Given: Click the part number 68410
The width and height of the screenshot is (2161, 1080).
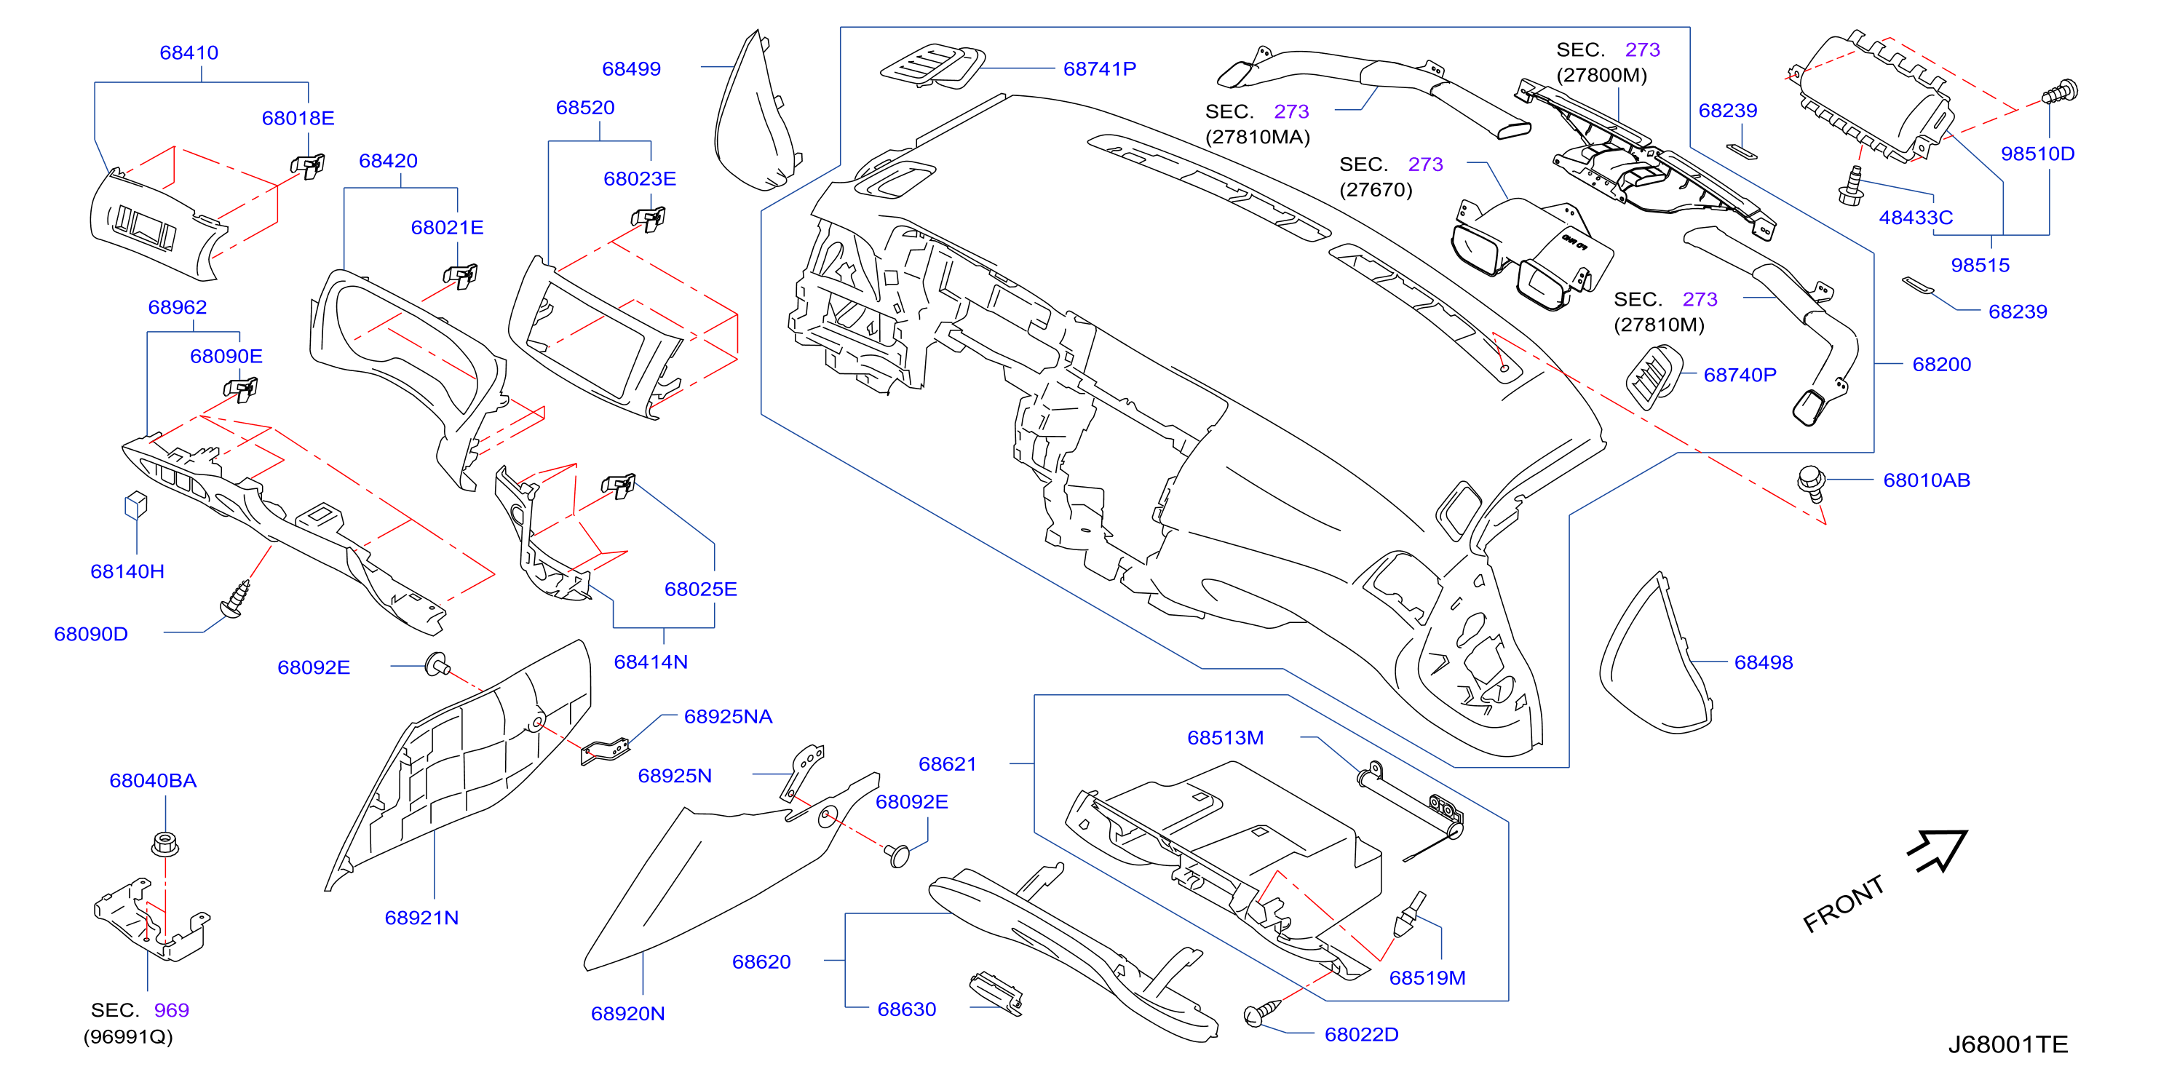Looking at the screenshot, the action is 189,53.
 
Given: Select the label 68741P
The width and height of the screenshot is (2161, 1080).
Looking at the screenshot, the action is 1099,68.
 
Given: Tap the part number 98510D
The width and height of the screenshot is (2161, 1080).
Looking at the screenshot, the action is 2038,154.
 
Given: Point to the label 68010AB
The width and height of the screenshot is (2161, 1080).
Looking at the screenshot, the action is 1926,480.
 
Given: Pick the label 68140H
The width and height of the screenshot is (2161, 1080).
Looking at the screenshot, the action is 127,571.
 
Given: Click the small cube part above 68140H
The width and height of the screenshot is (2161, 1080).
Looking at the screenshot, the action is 136,505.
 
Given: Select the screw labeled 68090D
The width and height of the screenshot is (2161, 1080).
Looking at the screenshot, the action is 235,599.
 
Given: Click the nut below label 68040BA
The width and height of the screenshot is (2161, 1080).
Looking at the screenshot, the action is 165,843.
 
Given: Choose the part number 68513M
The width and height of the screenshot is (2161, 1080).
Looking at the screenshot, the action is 1225,738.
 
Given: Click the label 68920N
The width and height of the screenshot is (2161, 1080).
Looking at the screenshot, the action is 627,1014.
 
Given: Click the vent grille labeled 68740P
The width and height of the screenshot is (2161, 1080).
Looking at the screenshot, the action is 1654,377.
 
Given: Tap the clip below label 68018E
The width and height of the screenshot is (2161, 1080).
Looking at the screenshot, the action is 308,165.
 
